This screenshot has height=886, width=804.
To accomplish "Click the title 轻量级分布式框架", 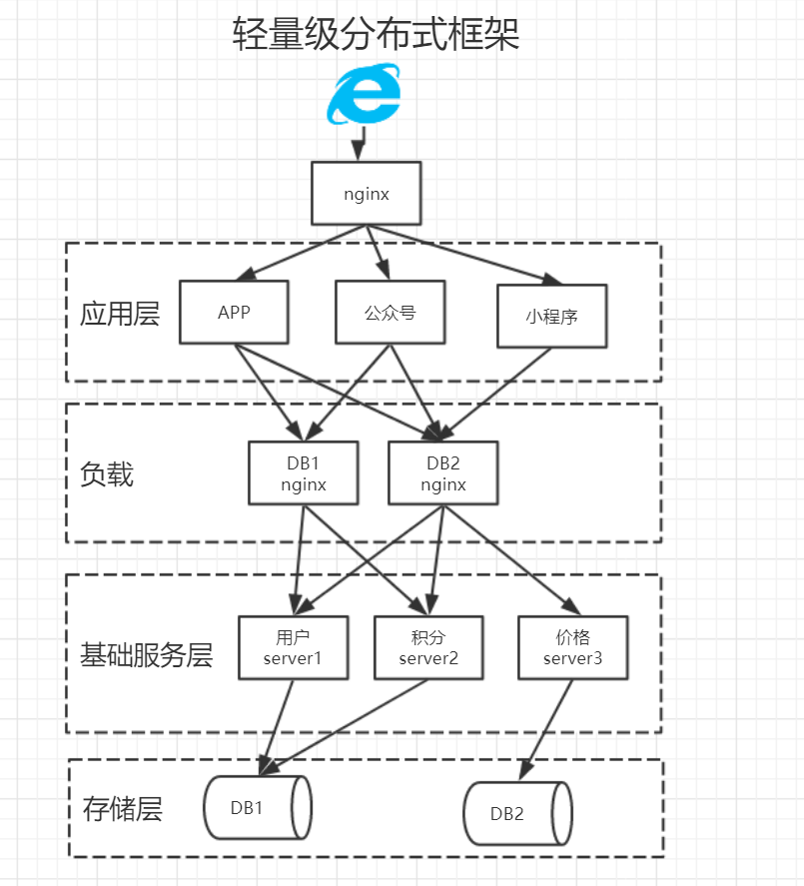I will (x=376, y=35).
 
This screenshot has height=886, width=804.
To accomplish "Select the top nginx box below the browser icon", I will (x=366, y=193).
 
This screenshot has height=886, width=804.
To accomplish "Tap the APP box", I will (x=234, y=312).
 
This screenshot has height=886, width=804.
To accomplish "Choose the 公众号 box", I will (x=389, y=312).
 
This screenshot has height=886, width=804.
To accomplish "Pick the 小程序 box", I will (x=551, y=317).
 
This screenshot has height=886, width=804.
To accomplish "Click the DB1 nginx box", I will (x=303, y=473).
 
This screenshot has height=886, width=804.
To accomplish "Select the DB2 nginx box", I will (x=441, y=473).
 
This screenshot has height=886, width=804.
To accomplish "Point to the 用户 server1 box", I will (x=294, y=647).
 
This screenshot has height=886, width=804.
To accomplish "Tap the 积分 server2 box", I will (x=427, y=647).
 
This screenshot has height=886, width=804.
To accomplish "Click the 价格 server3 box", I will (x=573, y=647).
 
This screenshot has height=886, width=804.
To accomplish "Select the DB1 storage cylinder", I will (x=257, y=807).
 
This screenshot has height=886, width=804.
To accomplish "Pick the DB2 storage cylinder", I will (x=517, y=812).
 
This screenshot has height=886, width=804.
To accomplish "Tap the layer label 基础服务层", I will (x=146, y=655).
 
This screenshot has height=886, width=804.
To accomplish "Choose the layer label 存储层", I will (x=122, y=807).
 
